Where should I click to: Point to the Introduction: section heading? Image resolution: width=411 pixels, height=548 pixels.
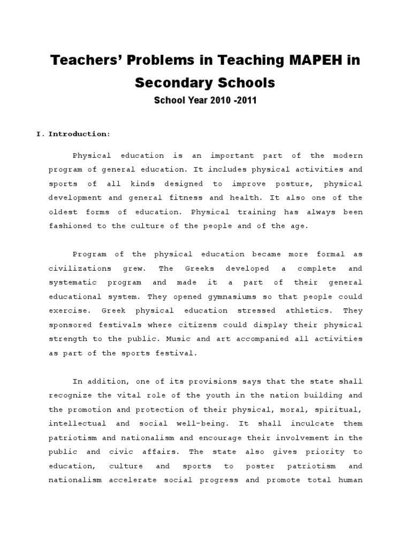coord(80,134)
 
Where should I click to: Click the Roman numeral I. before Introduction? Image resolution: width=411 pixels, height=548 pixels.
coord(40,134)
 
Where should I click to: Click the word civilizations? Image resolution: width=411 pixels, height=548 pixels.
coord(80,268)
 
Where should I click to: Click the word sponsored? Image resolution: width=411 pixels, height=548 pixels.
coord(71,324)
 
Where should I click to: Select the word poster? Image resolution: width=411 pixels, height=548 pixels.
coord(260,466)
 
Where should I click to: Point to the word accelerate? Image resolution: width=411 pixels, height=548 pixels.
coord(133,480)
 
